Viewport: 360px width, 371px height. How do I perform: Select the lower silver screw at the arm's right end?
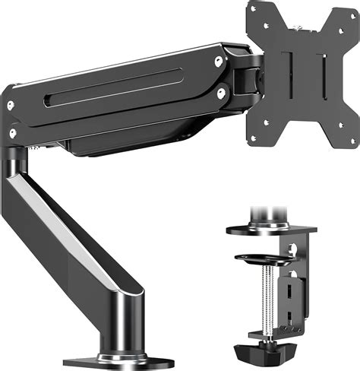[221, 94]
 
